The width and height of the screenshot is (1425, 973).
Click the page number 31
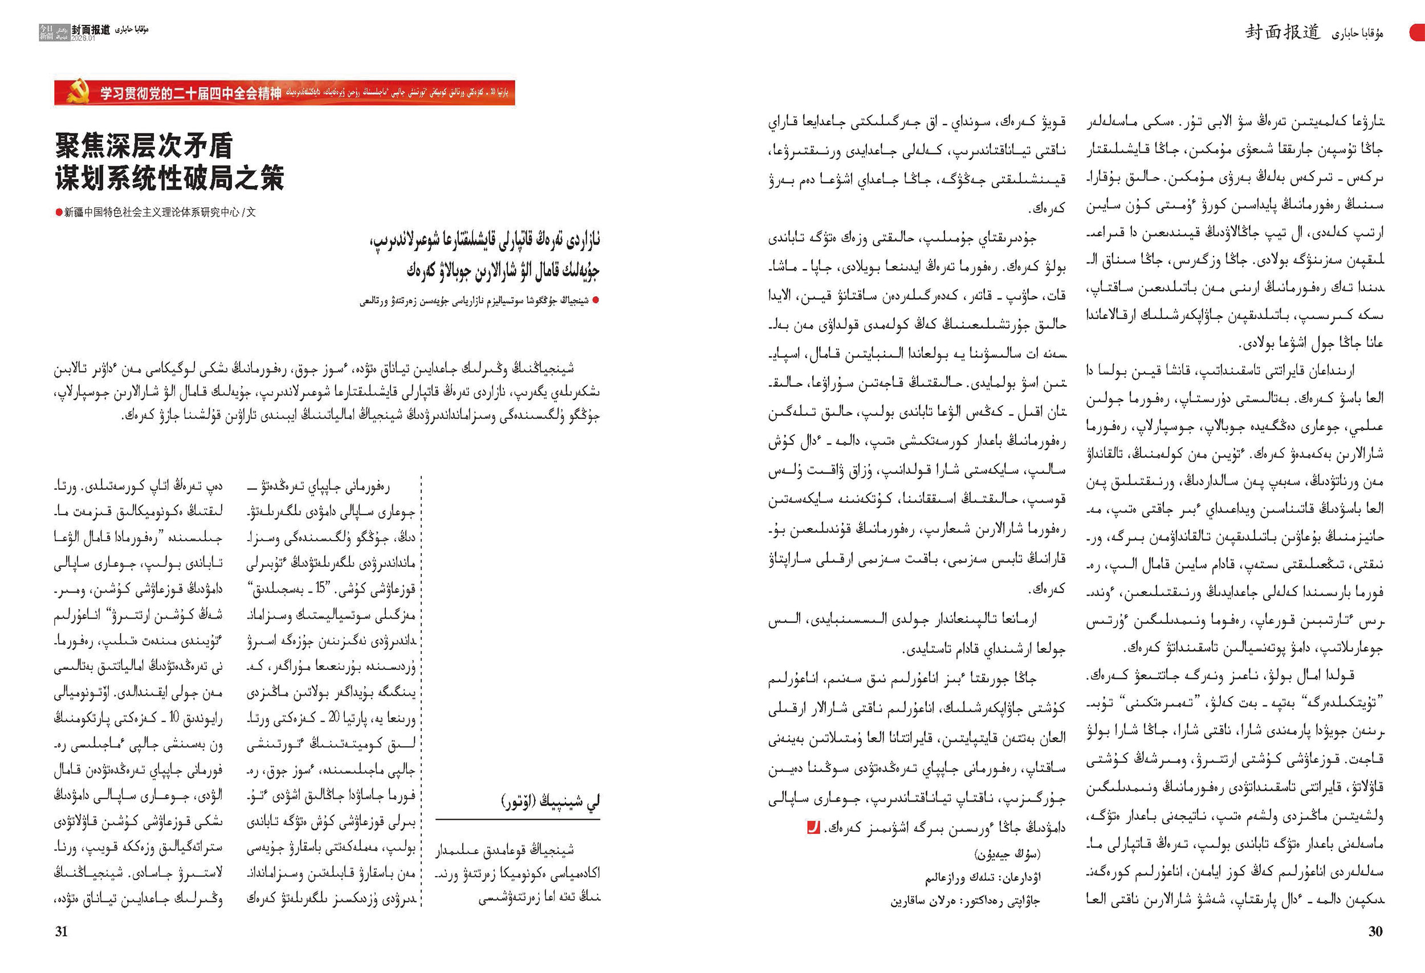[x=62, y=931]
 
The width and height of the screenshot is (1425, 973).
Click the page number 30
[x=1375, y=931]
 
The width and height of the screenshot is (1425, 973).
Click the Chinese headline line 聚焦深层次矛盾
[x=144, y=146]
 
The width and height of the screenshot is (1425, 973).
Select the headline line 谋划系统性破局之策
[x=169, y=178]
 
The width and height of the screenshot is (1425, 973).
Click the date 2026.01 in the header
[x=83, y=39]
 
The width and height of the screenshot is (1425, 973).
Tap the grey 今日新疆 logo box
[x=46, y=32]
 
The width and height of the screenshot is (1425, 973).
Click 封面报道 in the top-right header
[x=1282, y=32]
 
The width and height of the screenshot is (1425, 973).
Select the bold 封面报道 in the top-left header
[x=91, y=30]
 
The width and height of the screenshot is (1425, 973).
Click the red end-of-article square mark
[x=813, y=827]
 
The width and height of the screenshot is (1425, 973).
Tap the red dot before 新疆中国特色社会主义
[x=59, y=212]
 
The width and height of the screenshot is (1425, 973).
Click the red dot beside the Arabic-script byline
[x=596, y=300]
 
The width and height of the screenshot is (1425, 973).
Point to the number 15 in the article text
[x=321, y=590]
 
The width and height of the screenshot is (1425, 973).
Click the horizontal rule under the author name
[x=518, y=819]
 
